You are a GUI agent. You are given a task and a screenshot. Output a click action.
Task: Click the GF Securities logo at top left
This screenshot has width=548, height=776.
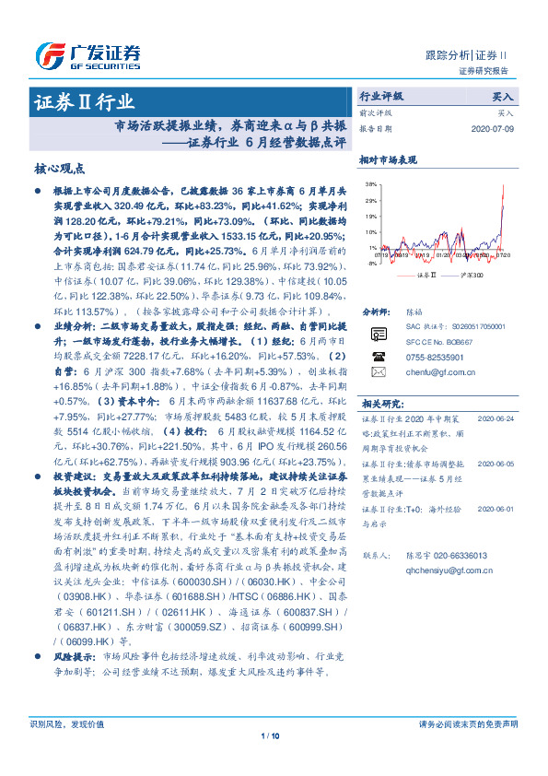[87, 53]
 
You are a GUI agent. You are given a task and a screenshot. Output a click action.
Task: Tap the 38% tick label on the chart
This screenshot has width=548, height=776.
[370, 184]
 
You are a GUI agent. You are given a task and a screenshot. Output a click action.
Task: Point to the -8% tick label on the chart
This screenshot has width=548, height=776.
[371, 264]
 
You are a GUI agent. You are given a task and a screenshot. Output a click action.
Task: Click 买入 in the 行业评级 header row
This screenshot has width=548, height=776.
[503, 96]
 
